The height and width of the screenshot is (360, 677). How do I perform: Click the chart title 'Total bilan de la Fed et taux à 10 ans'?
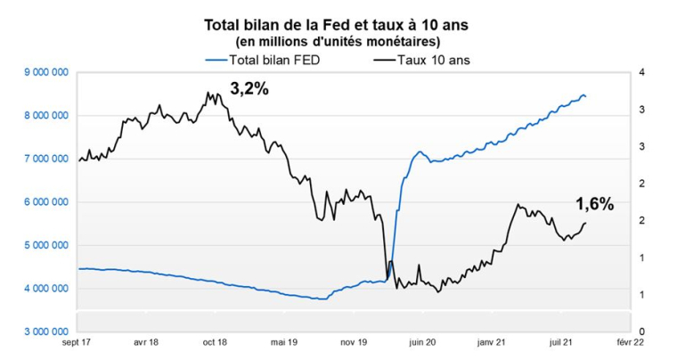(x=337, y=25)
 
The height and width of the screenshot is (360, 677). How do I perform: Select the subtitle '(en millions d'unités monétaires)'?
(x=337, y=41)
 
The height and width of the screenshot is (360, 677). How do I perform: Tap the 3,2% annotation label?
(x=249, y=89)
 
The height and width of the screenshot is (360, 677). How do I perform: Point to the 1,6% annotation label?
(x=594, y=204)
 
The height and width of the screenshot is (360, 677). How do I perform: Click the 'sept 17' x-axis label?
(x=77, y=341)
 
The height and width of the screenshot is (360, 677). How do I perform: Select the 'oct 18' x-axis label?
(x=215, y=341)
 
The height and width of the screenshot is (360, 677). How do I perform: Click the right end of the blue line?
(x=585, y=96)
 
